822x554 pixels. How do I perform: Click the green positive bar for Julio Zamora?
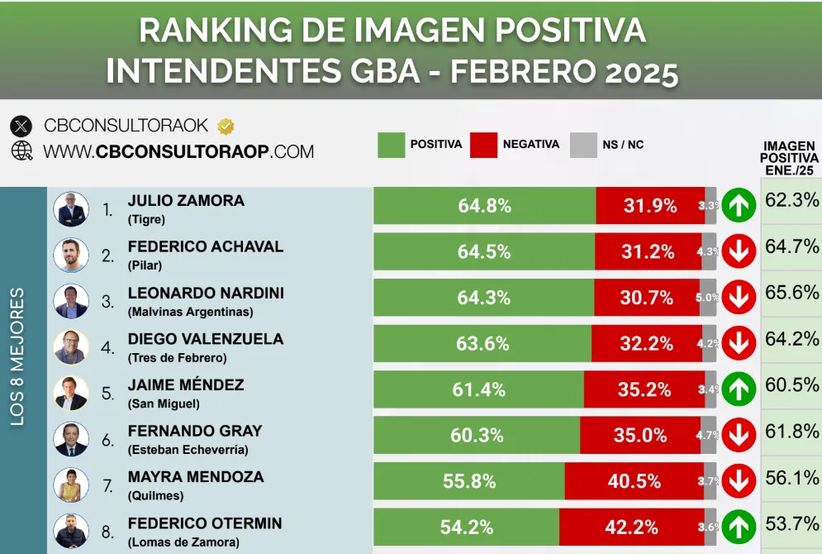(x=484, y=206)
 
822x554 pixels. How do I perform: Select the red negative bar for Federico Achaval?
(x=648, y=252)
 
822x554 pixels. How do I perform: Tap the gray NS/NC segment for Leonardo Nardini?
(x=708, y=298)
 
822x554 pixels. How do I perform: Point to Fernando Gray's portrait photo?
(x=71, y=439)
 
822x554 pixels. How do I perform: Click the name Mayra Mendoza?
(x=196, y=477)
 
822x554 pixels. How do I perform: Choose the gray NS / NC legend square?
(x=583, y=145)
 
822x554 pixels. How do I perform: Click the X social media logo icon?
(x=21, y=127)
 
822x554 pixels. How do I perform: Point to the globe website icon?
(x=21, y=151)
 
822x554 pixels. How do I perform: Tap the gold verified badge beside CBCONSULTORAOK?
(x=226, y=127)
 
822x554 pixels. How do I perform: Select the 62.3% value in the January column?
(x=791, y=199)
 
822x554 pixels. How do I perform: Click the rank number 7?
(x=107, y=486)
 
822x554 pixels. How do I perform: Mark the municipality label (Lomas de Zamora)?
(x=183, y=542)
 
